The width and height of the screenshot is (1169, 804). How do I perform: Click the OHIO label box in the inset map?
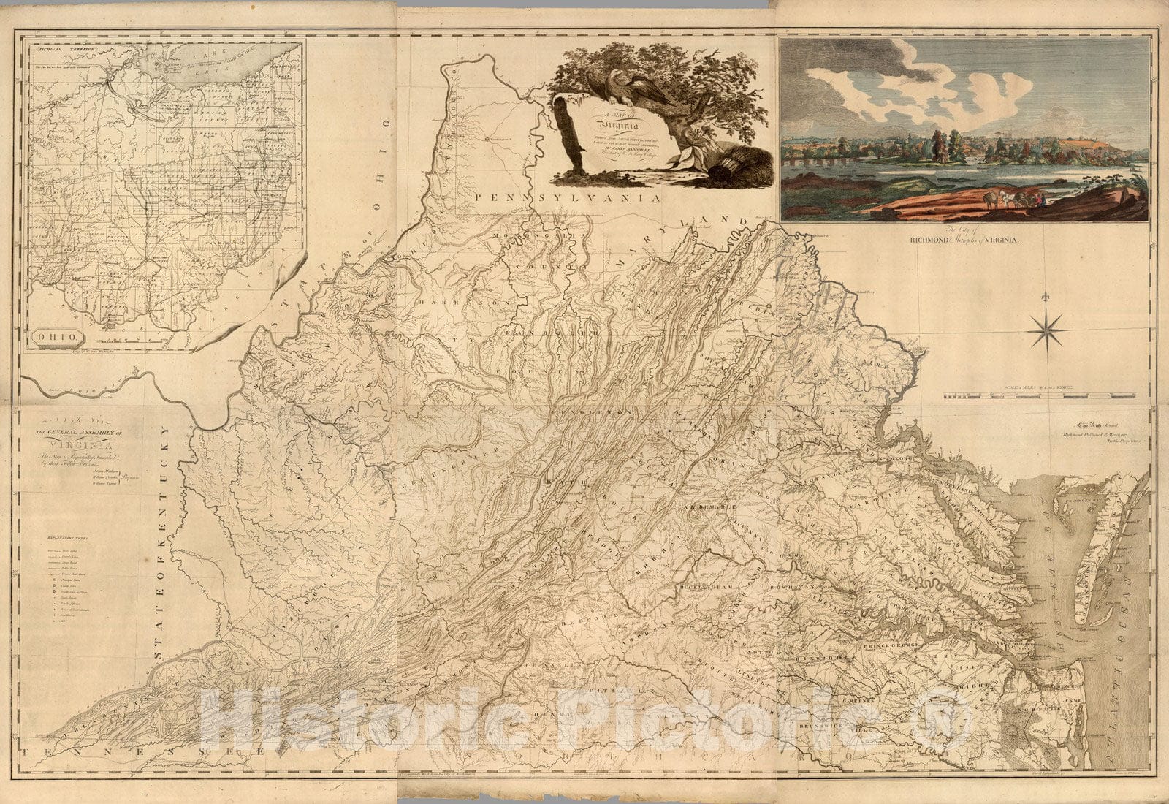pyautogui.click(x=58, y=338)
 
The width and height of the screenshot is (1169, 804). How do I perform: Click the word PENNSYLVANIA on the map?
pyautogui.click(x=566, y=197)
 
